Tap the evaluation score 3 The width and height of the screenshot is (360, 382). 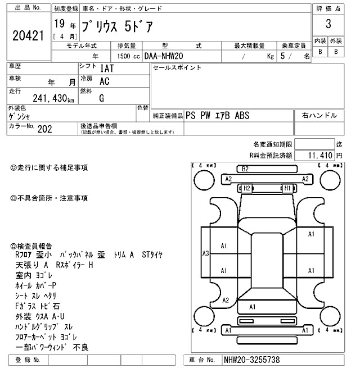pyautogui.click(x=328, y=25)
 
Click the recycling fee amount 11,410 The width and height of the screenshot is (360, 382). pyautogui.click(x=321, y=154)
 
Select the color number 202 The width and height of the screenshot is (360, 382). pyautogui.click(x=44, y=128)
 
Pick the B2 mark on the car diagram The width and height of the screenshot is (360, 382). pyautogui.click(x=245, y=169)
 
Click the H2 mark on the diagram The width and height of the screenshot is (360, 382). pyautogui.click(x=246, y=188)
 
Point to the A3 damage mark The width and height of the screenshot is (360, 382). pyautogui.click(x=206, y=253)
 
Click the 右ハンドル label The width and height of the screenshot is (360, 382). pyautogui.click(x=319, y=115)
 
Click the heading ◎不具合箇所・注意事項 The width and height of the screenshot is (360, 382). pyautogui.click(x=49, y=198)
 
